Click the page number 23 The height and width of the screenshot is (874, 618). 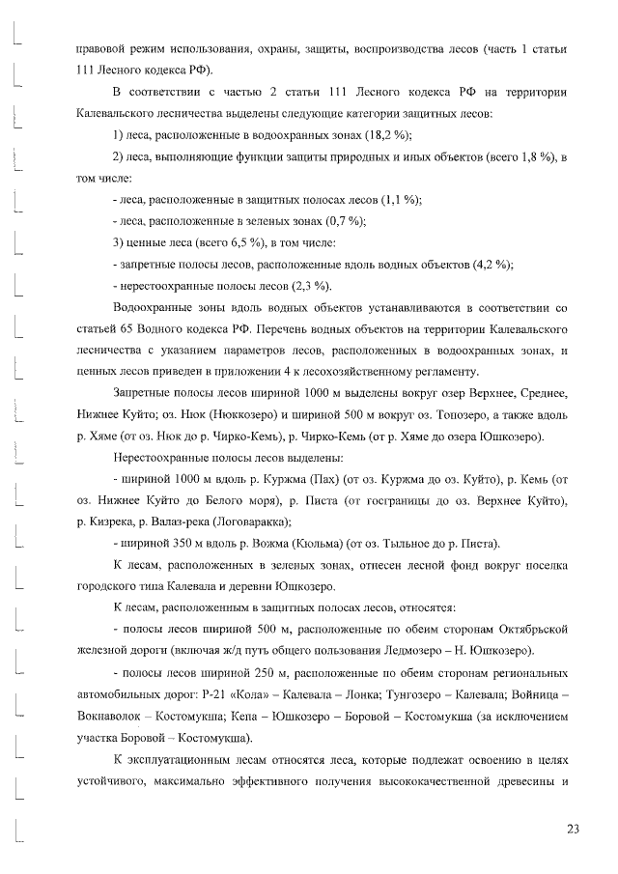pyautogui.click(x=573, y=830)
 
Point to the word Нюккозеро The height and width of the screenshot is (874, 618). pyautogui.click(x=196, y=414)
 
